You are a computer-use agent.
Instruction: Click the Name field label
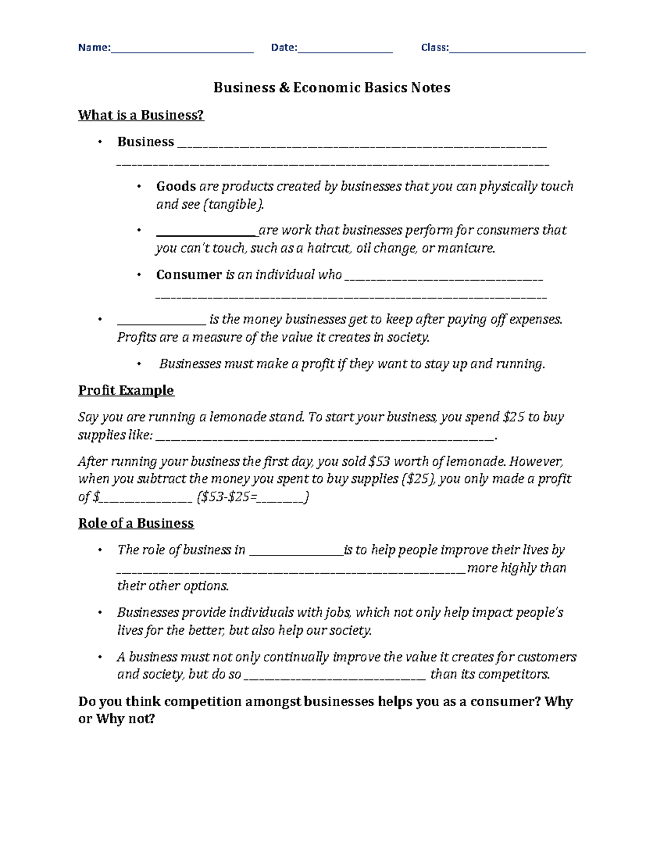94,48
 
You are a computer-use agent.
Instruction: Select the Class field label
434,48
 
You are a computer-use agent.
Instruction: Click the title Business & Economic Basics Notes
332,87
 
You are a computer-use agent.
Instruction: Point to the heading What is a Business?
141,115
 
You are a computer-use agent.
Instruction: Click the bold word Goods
176,186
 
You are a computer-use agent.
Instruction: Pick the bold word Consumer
189,275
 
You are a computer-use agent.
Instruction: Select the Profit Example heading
126,390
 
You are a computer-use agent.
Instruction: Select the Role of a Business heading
136,523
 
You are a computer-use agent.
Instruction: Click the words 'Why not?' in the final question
125,719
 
